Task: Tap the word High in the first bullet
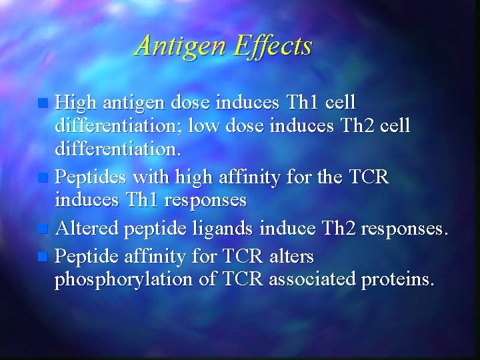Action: (77, 104)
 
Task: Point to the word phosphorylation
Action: (126, 279)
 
